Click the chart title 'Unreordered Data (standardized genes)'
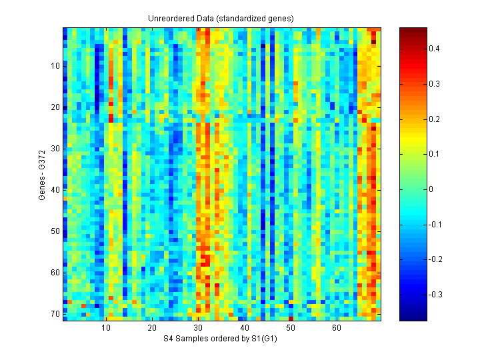coord(221,18)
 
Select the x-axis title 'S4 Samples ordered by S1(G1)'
coord(221,339)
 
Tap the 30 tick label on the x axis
coord(198,328)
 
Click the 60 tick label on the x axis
coord(336,328)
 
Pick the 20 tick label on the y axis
coord(55,107)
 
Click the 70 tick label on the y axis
coord(55,314)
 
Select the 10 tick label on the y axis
coord(55,66)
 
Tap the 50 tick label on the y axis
coord(55,231)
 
